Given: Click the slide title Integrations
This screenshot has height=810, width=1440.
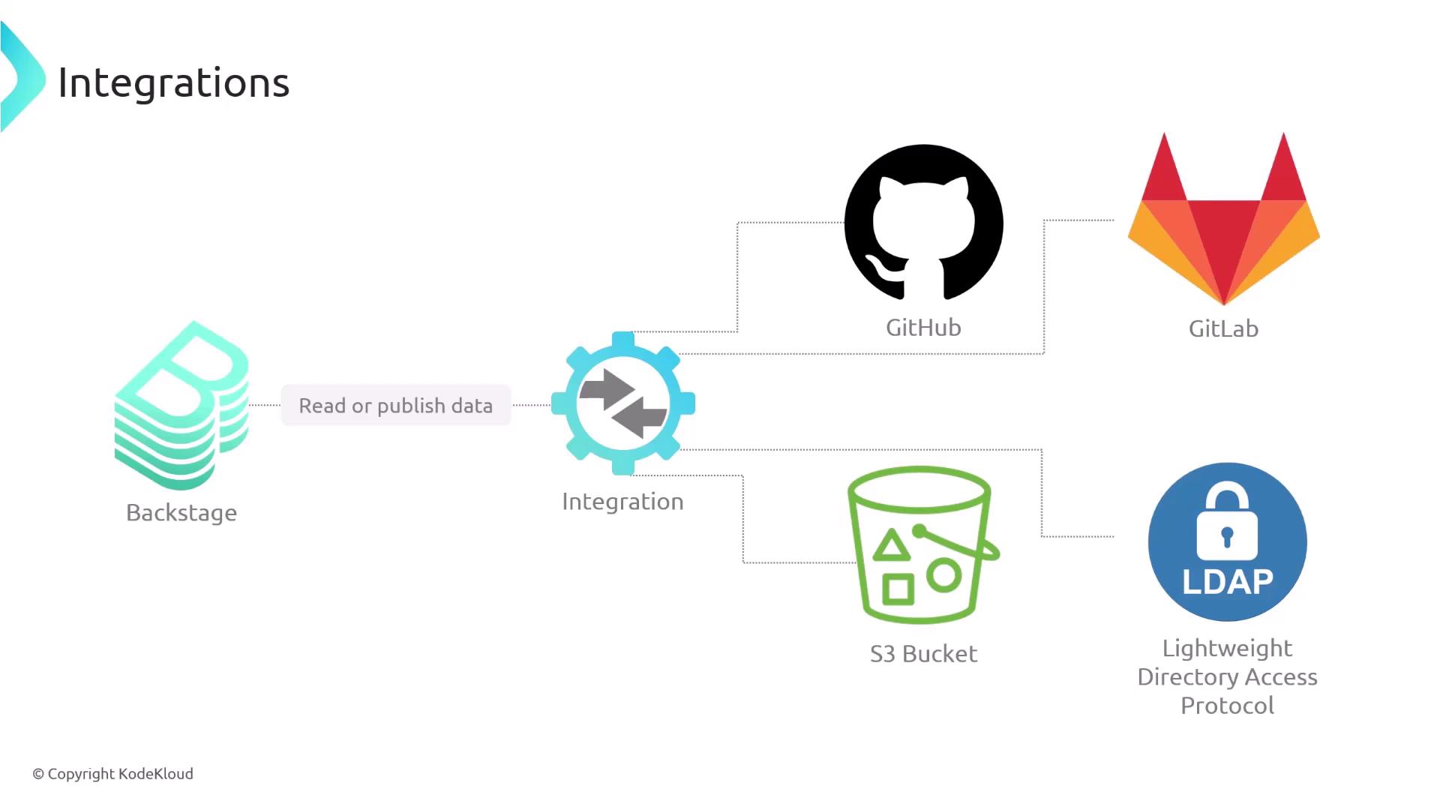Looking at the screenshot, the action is click(173, 82).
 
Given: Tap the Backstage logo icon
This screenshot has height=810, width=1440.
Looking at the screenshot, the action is click(181, 406).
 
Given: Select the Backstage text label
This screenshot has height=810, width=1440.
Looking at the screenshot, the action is click(181, 512).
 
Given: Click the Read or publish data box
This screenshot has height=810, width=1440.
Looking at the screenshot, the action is click(396, 405).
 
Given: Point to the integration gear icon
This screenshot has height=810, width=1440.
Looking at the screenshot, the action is click(623, 403).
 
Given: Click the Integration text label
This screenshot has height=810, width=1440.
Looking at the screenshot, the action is click(622, 501).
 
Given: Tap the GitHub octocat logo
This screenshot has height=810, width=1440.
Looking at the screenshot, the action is click(924, 223).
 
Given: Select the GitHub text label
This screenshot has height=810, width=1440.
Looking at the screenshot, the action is click(923, 328).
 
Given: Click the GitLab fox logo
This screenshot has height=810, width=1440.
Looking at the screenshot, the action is click(1224, 219).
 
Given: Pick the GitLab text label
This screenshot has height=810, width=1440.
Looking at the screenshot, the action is click(1223, 328).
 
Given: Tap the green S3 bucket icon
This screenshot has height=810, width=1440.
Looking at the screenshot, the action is click(922, 545).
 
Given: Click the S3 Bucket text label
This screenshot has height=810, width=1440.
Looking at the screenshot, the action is click(923, 654).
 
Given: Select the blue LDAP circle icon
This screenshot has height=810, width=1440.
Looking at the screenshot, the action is click(1228, 541).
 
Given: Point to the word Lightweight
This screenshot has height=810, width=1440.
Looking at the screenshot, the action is click(1227, 649).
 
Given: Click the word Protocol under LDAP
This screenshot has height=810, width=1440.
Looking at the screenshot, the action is click(1227, 706).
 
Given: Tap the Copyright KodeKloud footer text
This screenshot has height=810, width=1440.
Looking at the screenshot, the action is click(112, 774).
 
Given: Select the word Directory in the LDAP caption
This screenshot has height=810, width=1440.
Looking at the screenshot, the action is click(1187, 677).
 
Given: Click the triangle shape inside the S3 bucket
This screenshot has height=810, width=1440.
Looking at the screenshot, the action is click(892, 546).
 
